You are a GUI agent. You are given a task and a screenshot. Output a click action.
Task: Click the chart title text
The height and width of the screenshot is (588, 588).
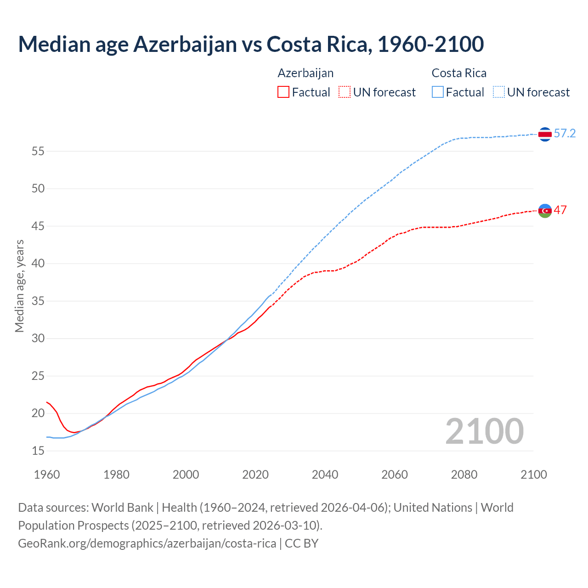251,44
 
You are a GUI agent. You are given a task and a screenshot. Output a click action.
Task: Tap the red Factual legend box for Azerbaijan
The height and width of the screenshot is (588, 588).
283,92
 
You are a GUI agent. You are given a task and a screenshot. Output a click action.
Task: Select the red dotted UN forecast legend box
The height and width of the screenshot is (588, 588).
345,92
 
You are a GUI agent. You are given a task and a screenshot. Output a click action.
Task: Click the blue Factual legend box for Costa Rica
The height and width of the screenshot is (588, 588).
438,92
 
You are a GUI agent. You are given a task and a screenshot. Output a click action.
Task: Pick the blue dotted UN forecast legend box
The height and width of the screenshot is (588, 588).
499,92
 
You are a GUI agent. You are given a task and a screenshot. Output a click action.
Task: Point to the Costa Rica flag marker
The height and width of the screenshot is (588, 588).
545,134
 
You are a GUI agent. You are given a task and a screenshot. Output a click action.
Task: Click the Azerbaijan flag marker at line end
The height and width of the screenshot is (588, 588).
545,211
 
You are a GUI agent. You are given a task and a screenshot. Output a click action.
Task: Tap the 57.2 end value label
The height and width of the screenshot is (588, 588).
565,134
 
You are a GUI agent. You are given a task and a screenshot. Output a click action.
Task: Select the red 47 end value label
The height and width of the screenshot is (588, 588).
560,210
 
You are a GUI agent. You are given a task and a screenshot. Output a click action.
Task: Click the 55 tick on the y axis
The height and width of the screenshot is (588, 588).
38,151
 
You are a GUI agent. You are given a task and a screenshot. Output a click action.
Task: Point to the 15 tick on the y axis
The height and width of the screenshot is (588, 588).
38,451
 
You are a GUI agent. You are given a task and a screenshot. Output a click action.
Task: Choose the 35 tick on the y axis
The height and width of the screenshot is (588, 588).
38,301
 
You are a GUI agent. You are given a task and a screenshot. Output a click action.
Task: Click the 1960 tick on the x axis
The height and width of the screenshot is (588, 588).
47,475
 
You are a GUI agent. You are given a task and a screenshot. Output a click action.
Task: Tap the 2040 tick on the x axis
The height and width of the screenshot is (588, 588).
325,475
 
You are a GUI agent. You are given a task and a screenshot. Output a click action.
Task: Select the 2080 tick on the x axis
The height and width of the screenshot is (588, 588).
464,475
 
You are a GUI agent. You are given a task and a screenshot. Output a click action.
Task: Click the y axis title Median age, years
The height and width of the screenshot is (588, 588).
19,286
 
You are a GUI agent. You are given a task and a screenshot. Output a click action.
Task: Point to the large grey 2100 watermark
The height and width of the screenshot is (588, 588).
484,431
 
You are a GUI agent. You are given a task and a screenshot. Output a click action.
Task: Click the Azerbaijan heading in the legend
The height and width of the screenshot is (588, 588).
305,73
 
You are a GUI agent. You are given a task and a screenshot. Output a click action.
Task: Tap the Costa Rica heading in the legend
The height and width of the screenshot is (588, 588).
459,73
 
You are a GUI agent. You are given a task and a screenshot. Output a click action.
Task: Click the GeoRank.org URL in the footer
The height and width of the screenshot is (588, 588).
147,543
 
